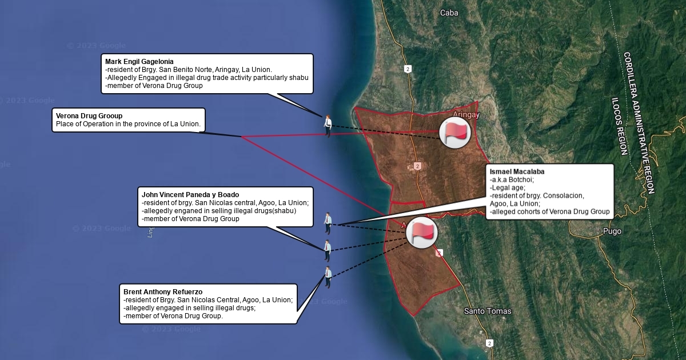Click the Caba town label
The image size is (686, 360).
coord(449,13)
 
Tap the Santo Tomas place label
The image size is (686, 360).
coord(487,311)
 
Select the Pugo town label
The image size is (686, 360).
coord(612,231)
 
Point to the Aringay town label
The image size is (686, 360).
coord(466,114)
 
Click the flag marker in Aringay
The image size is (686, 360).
coord(454,133)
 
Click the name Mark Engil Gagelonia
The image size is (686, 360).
coord(139,62)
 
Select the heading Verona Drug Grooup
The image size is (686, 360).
coord(89,116)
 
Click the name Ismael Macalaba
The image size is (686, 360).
coord(517,171)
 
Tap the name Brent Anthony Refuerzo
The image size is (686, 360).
coord(163,292)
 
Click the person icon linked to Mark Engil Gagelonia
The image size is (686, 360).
coord(328,125)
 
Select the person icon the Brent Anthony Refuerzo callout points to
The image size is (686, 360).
coord(328,277)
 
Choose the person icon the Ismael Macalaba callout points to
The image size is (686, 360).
coord(328,223)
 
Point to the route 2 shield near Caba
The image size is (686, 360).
coord(407,69)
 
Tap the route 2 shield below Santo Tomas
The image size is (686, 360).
coord(489,343)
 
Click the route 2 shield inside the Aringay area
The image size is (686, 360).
coord(418,166)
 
